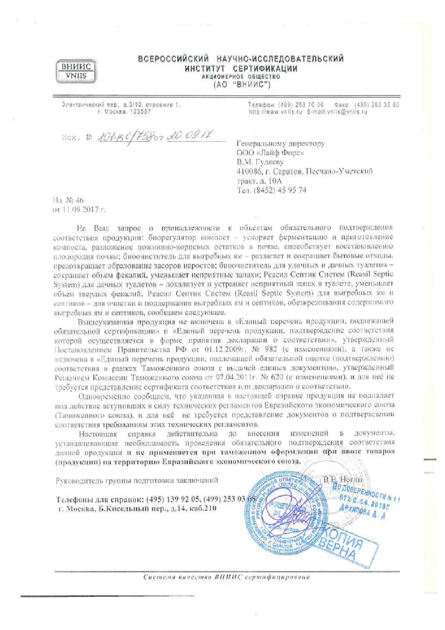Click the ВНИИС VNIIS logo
click(x=77, y=71)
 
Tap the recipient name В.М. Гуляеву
click(x=260, y=162)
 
